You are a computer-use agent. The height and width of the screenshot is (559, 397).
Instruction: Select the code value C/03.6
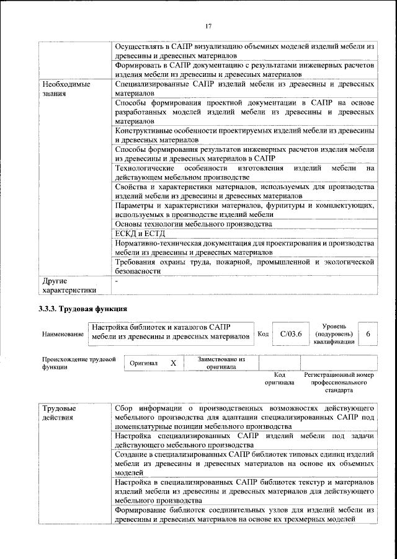coord(290,334)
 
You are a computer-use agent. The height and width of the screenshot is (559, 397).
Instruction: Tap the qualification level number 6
coord(368,334)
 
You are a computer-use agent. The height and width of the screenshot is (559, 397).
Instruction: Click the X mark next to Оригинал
coord(173,363)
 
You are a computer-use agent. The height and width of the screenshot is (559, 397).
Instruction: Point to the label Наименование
coord(63,335)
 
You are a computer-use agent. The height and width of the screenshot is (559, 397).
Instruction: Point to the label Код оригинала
coord(280,379)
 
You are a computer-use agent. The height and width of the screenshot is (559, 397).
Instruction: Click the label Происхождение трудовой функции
coord(79,363)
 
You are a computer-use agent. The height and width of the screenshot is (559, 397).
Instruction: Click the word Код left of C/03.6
coord(262,335)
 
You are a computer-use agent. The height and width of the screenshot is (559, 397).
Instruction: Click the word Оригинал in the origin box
coord(144,363)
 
